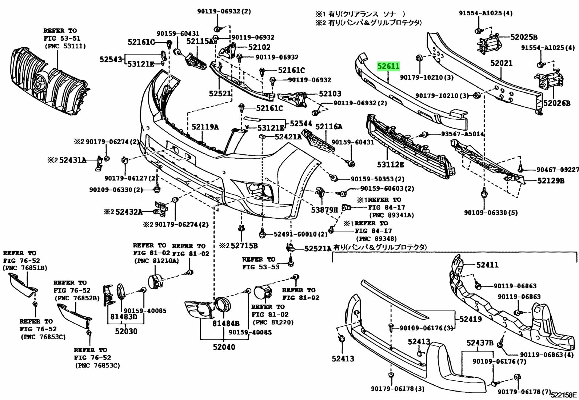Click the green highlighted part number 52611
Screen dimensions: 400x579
pyautogui.click(x=388, y=67)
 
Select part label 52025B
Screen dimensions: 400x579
pyautogui.click(x=524, y=37)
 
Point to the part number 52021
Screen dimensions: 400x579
pyautogui.click(x=501, y=63)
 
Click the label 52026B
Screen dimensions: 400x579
pyautogui.click(x=557, y=103)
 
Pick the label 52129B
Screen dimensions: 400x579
pyautogui.click(x=551, y=181)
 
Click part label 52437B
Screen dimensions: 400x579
pyautogui.click(x=480, y=342)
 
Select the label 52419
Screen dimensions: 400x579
pyautogui.click(x=471, y=319)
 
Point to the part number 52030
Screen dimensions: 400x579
pyautogui.click(x=126, y=331)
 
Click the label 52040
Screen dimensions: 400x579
pyautogui.click(x=224, y=347)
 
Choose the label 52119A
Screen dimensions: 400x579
pyautogui.click(x=205, y=127)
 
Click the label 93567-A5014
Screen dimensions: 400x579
pyautogui.click(x=463, y=134)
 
